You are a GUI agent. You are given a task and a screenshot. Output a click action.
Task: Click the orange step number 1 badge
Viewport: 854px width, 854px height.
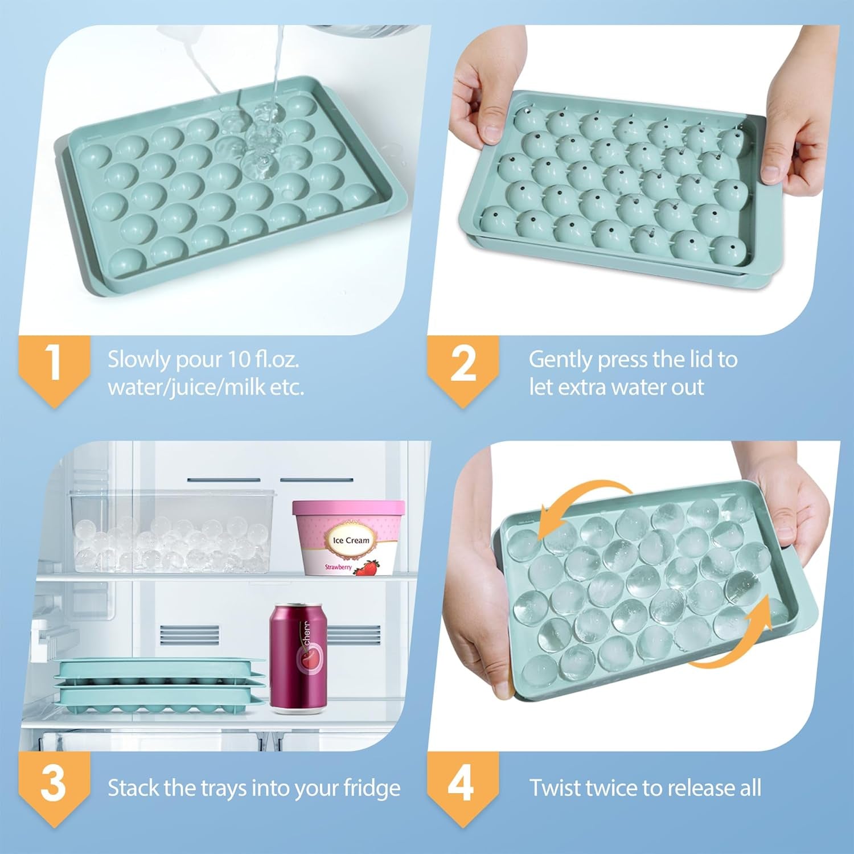[54, 364]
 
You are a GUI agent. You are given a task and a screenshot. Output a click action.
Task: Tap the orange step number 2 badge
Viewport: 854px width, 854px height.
[463, 364]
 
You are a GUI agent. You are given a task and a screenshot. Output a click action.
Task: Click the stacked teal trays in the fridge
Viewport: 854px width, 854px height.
[160, 686]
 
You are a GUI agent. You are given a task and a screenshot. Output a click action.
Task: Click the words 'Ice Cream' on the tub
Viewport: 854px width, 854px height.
[351, 540]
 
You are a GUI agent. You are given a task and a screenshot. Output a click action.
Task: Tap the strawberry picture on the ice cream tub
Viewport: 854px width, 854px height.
[367, 568]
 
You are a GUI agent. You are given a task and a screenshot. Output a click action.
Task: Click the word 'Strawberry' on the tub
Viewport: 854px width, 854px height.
[338, 567]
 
